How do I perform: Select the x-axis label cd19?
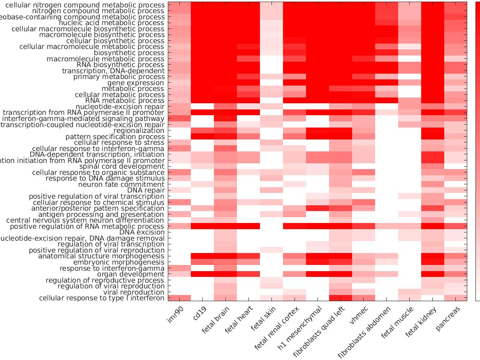pos(200,314)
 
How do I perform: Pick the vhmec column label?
pos(360,315)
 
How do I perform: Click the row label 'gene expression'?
pos(136,83)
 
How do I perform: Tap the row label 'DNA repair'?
pos(146,190)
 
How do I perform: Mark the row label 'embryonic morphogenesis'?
pos(118,262)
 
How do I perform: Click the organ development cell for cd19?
pos(202,274)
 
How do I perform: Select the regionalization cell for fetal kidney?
pos(432,130)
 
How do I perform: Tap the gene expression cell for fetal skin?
pos(271,83)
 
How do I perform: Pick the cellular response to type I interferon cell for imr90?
pos(179,298)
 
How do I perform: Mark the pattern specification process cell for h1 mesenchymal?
pos(318,136)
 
